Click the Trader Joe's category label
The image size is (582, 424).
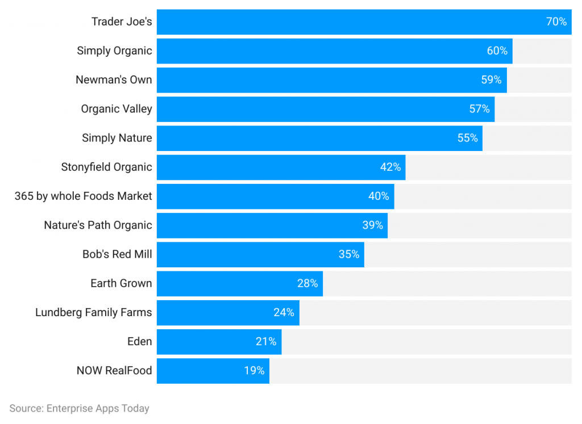(x=122, y=22)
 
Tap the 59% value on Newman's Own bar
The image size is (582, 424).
(x=491, y=80)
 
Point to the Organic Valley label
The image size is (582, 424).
(x=117, y=109)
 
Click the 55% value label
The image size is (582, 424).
(x=467, y=138)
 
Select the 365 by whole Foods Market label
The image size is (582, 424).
(x=84, y=196)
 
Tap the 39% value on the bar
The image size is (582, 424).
(x=372, y=225)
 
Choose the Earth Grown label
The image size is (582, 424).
(x=121, y=283)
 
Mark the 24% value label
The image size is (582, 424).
(x=284, y=312)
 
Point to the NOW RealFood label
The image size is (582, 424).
(x=114, y=371)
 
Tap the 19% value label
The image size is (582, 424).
(x=254, y=371)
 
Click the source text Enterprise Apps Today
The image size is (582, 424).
(x=79, y=408)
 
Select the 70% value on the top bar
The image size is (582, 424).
(x=556, y=22)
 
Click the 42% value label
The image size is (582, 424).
(x=390, y=167)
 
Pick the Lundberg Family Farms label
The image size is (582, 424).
(x=94, y=312)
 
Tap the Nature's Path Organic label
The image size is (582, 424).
(x=98, y=225)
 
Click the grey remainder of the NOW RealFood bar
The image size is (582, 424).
(x=421, y=371)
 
